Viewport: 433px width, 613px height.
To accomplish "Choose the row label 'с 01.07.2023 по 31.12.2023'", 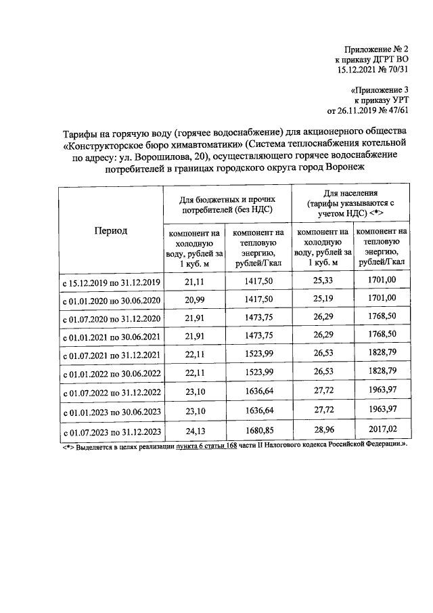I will point(111,431).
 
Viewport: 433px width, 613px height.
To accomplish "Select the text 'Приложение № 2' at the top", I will point(376,49).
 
